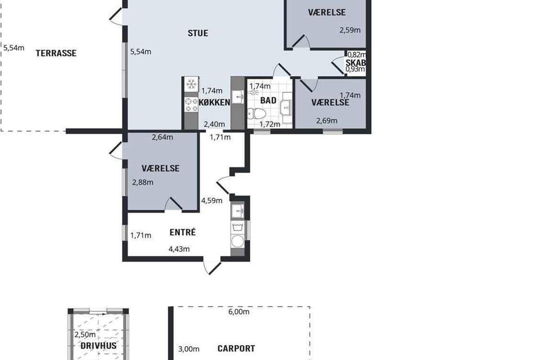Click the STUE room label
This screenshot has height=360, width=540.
coord(198,33)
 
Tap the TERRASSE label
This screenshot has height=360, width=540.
coord(56,53)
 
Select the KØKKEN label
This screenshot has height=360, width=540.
coord(214,102)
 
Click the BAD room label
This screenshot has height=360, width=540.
coord(268,100)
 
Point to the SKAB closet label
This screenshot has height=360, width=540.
coord(356,63)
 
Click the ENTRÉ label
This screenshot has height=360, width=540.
coord(183,232)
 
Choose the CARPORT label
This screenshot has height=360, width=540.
coord(236,348)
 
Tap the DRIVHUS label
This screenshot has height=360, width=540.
coord(99,346)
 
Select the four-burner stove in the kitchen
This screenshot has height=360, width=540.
coord(191,105)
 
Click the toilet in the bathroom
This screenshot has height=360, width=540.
coord(256,113)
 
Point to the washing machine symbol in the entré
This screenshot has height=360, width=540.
coord(238,227)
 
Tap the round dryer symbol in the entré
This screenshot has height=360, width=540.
coord(238,241)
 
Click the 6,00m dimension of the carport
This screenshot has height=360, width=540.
coord(238,312)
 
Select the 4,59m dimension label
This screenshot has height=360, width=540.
coord(211,200)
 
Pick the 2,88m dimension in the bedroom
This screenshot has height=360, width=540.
coord(143,182)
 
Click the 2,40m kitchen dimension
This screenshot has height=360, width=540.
coord(214,124)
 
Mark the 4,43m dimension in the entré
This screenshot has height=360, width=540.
coord(179,249)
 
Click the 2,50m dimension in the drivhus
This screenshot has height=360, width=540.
coord(85,334)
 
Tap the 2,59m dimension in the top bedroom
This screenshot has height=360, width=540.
coord(350,30)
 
